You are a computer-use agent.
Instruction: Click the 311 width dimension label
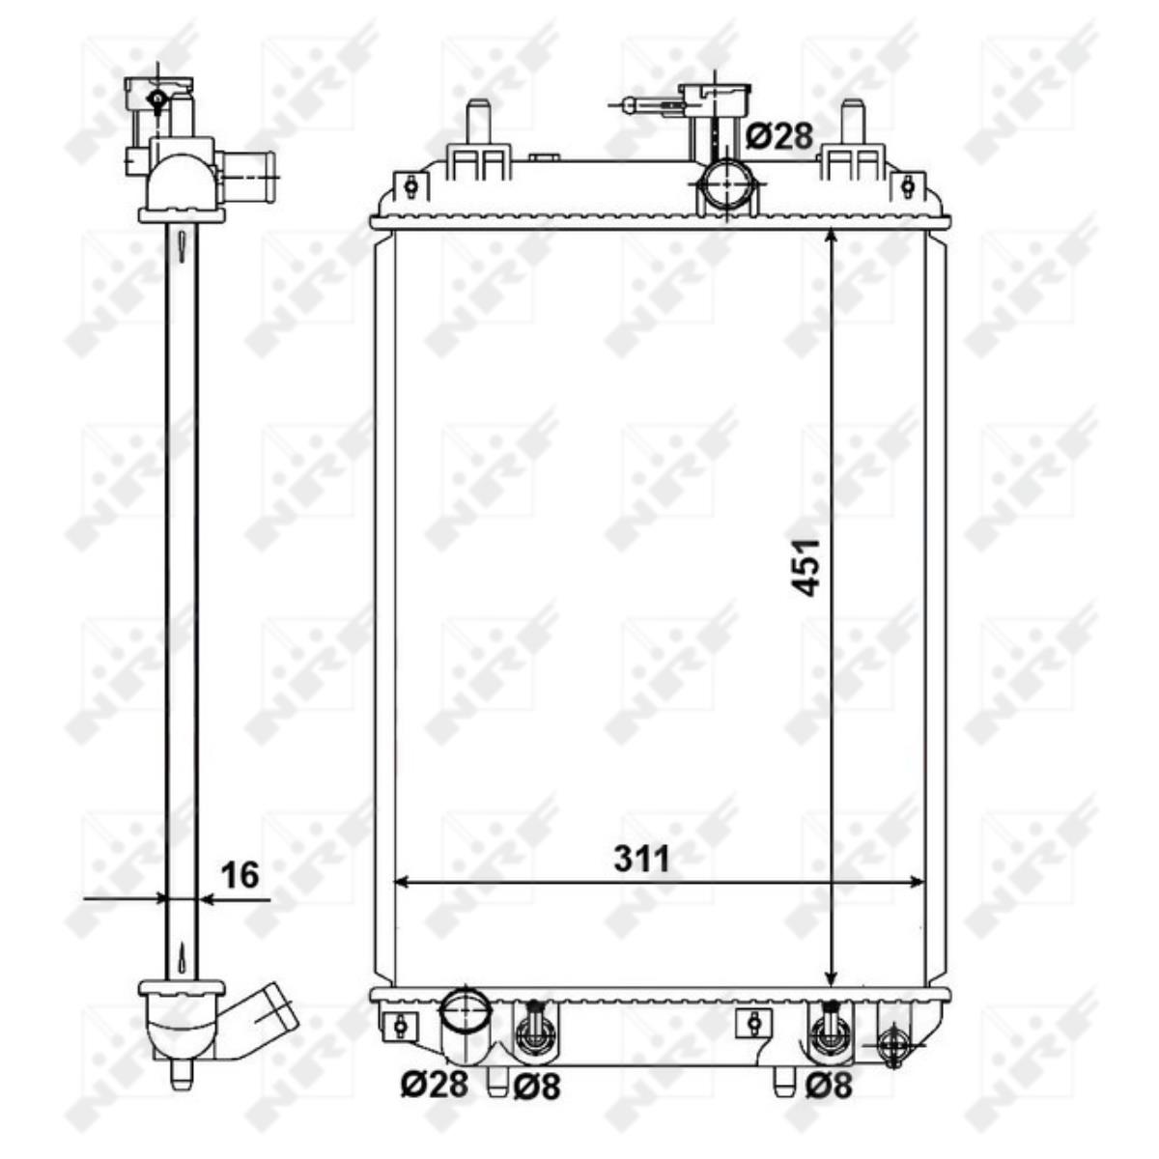click(x=641, y=861)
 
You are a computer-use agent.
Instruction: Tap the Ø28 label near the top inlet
click(x=779, y=135)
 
